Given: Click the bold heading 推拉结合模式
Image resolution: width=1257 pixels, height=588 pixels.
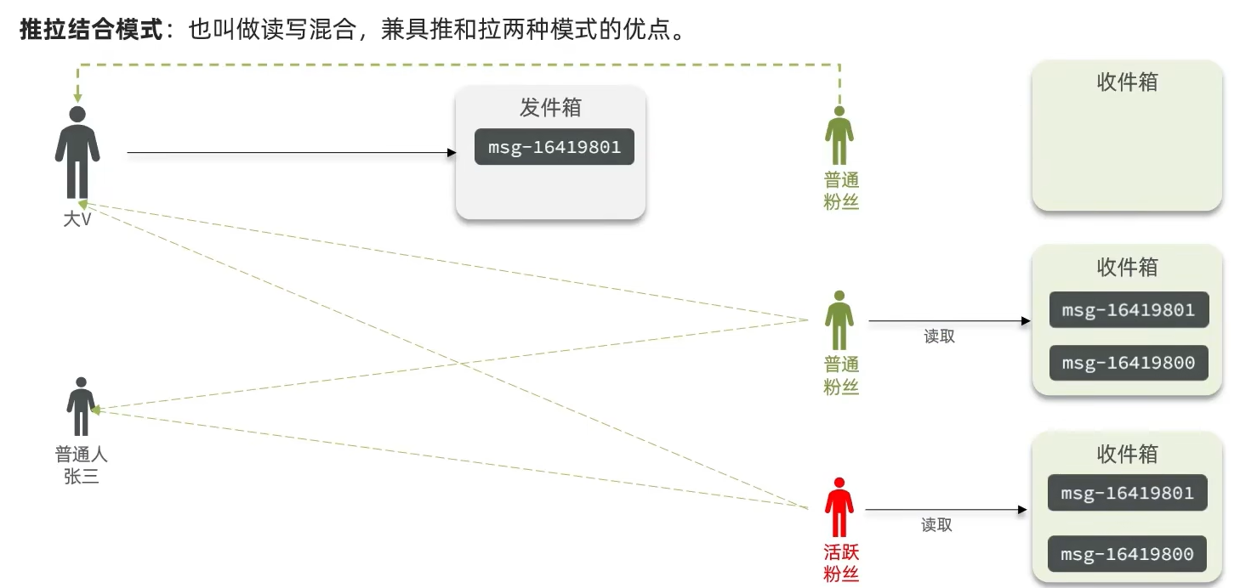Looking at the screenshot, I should click(91, 31).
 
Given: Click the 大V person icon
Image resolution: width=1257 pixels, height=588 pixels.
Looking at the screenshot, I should click(77, 153).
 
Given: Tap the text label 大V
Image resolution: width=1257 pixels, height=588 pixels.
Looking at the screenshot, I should click(77, 219).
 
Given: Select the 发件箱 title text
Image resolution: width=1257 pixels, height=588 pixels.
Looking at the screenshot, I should click(550, 108).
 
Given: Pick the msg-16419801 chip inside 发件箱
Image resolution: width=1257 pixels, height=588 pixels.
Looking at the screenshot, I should click(554, 147).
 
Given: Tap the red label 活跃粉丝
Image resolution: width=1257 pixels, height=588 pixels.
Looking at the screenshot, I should click(841, 563).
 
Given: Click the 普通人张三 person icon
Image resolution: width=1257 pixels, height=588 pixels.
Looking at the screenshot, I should click(82, 406).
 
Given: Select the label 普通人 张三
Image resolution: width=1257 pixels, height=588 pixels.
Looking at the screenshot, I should click(82, 466).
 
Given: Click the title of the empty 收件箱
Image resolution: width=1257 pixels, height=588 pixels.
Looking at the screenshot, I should click(1127, 82).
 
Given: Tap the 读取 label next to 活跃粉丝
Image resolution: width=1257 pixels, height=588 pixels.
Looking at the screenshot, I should click(936, 525).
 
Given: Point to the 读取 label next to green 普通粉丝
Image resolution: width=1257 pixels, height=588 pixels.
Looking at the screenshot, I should click(939, 336).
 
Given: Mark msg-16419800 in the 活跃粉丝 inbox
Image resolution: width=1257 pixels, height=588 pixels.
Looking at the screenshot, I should click(1127, 554).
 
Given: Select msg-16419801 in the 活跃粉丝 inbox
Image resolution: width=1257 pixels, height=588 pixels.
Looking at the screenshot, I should click(1127, 493).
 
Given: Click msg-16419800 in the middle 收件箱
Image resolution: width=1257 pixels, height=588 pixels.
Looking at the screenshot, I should click(1128, 363).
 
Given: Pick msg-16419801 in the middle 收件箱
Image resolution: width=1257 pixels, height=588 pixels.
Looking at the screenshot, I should click(1128, 310).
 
